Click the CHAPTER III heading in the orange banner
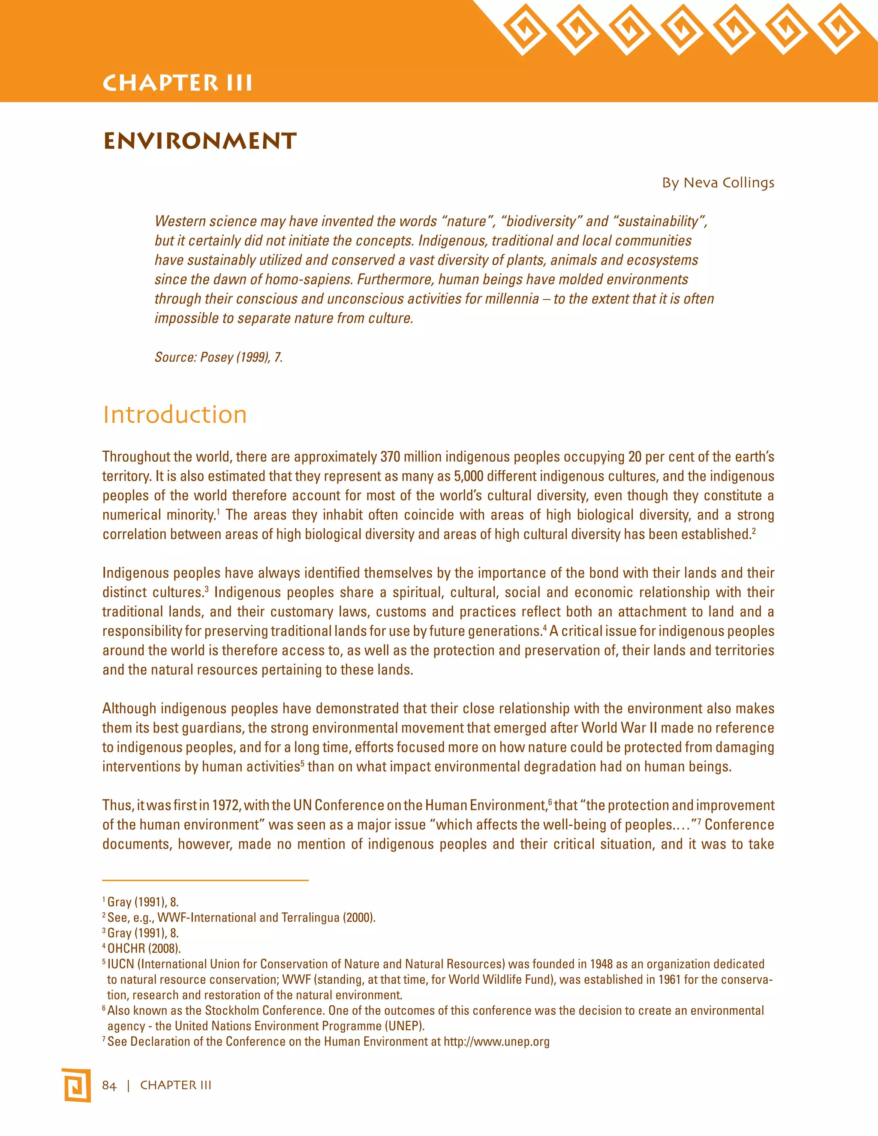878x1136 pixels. point(177,83)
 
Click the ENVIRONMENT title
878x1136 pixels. point(200,141)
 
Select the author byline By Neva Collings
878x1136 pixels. point(718,183)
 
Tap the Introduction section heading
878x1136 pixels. point(175,415)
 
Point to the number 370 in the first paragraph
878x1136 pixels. point(390,457)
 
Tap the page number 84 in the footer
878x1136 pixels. point(109,1085)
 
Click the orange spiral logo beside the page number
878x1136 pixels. point(76,1085)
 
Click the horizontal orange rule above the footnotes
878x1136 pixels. point(205,880)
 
